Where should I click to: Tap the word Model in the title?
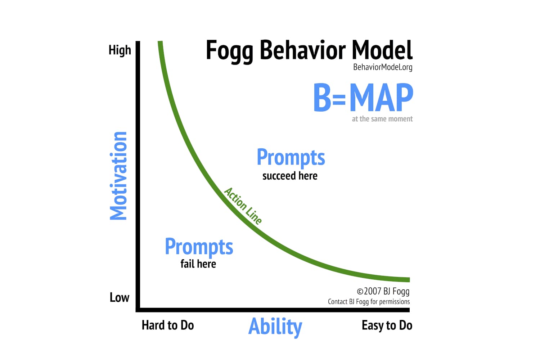pos(382,50)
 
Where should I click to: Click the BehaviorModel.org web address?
pos(383,67)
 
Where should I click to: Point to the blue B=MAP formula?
pos(363,98)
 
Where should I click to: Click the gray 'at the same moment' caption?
pos(382,119)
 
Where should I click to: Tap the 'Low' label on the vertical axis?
pos(120,297)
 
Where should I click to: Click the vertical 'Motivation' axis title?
pos(118,176)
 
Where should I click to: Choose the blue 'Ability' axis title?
pos(275,327)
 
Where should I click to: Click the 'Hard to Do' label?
pos(168,325)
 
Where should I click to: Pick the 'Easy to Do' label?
pos(387,325)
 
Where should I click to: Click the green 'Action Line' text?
pos(243,206)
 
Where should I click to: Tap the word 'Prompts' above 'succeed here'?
pos(291,158)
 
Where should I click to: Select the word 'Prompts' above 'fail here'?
pos(199,247)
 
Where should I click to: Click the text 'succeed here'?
pos(290,176)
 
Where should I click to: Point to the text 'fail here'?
pos(198,264)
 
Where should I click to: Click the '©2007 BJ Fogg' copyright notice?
pos(383,292)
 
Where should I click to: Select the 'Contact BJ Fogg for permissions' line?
pos(369,302)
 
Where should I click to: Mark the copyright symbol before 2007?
pos(360,292)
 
